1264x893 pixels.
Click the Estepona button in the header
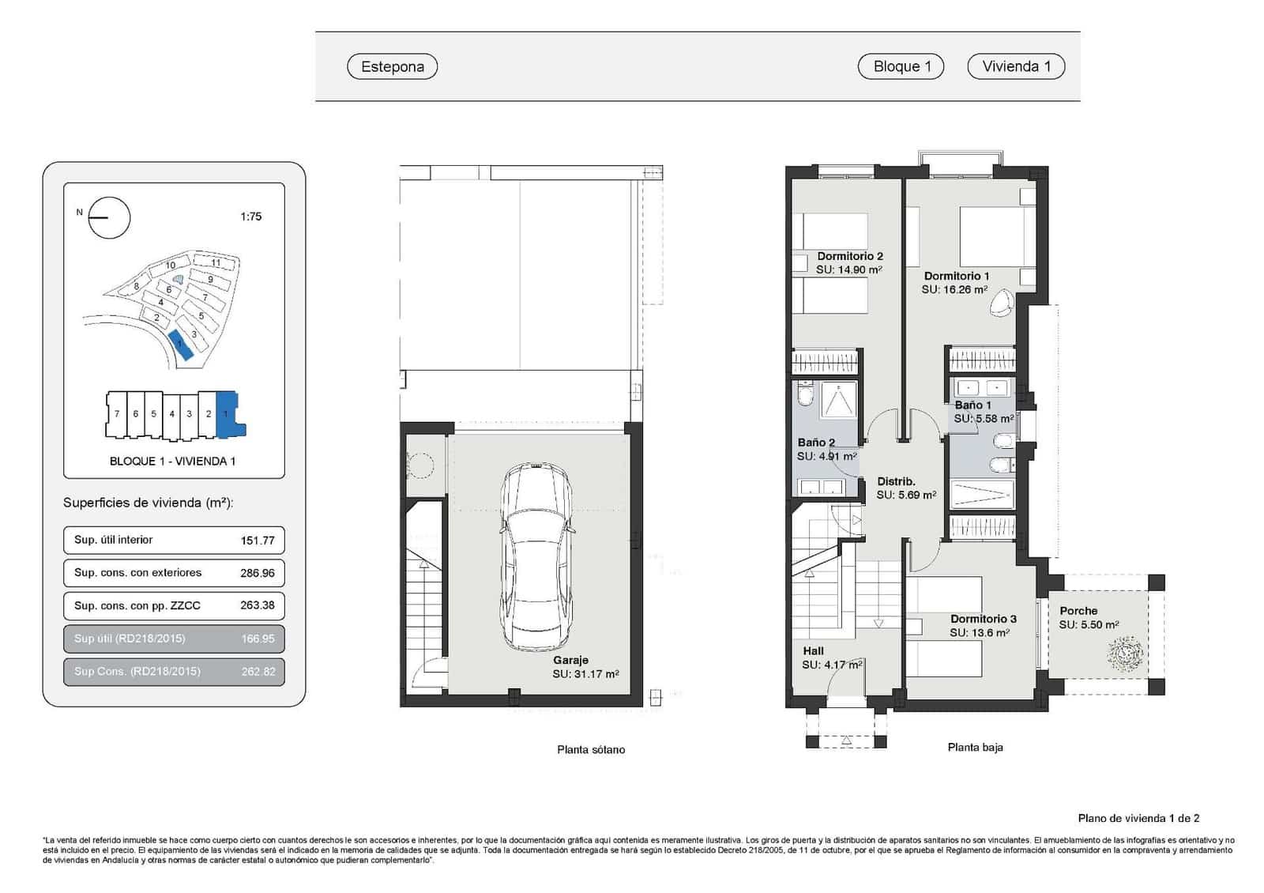tap(392, 66)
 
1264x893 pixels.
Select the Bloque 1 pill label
tap(901, 66)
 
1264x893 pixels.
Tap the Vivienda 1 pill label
tap(1016, 66)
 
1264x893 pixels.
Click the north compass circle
tap(109, 217)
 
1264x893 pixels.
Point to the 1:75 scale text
tap(250, 217)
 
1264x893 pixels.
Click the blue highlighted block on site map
tap(181, 345)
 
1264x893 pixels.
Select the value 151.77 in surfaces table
tap(258, 541)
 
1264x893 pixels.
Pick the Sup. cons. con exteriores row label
tap(137, 573)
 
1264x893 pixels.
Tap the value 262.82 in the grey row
tap(258, 672)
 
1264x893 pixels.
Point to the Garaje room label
tap(570, 660)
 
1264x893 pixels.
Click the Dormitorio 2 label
tap(850, 256)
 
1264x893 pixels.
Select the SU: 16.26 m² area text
tap(954, 290)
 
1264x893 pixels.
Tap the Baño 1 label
tap(972, 405)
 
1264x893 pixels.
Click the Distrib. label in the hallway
tap(896, 481)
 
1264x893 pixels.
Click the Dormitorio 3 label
tap(983, 619)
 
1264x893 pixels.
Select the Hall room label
tap(813, 651)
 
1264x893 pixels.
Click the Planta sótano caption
tap(590, 750)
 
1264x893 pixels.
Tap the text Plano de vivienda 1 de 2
tap(1138, 819)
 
